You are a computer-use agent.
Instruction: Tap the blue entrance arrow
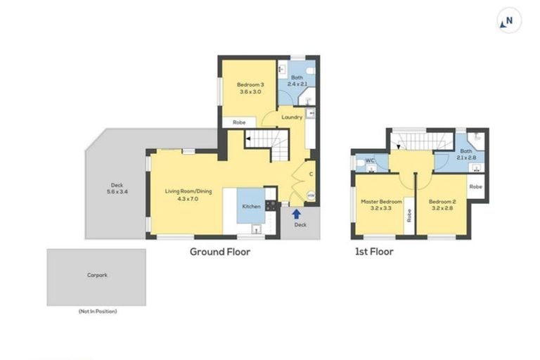click(x=296, y=213)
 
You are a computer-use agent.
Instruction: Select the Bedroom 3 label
click(x=251, y=88)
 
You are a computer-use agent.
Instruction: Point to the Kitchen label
click(x=251, y=207)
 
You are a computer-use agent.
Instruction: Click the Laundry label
click(x=292, y=117)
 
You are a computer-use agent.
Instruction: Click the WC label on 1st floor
click(x=368, y=162)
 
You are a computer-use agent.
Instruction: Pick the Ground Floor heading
click(x=220, y=251)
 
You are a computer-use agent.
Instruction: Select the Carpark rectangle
click(x=96, y=277)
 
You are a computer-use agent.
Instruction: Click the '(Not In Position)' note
click(x=97, y=311)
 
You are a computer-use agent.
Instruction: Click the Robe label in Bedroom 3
click(x=239, y=122)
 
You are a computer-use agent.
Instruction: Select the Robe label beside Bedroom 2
click(x=476, y=186)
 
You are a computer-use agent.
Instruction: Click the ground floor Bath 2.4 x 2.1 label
click(x=297, y=81)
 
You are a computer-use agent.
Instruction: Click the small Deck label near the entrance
click(x=300, y=225)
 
